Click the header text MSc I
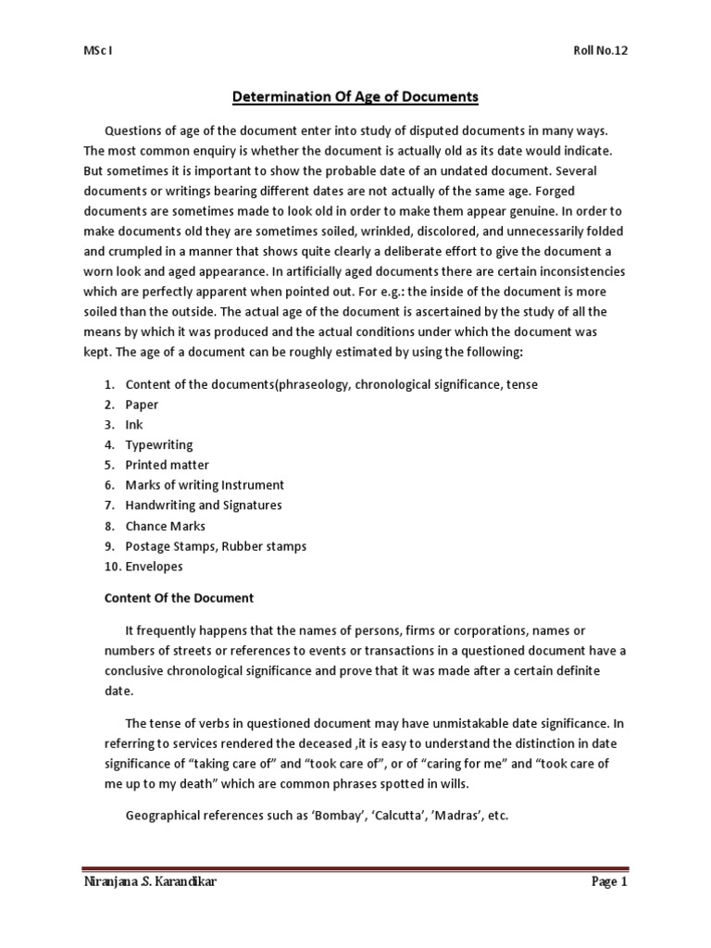97,51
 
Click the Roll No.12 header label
600,51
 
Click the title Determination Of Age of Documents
354,95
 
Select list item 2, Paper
142,404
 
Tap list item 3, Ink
133,424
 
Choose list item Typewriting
159,444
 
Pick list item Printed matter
167,465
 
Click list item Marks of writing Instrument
205,485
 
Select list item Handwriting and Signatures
204,505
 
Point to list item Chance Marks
165,526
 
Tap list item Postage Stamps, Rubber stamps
216,546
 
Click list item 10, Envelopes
154,567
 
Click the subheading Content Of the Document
178,598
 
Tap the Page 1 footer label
609,882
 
